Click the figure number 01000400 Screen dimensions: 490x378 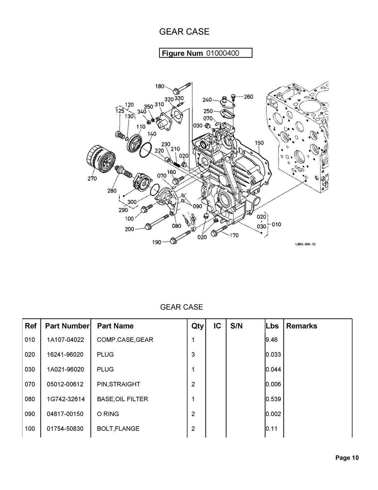222,53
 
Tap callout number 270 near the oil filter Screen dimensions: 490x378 92,179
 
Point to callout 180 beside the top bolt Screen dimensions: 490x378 160,87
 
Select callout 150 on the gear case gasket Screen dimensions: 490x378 259,143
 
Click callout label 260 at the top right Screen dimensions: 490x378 248,97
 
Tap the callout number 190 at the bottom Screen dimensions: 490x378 157,242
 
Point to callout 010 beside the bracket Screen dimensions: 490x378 276,224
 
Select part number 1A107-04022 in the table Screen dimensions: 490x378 65,340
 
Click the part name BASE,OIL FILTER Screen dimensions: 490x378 122,399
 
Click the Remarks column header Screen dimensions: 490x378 302,326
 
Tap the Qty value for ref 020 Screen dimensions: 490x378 193,355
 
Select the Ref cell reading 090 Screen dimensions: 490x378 30,414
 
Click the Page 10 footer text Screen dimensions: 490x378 347,458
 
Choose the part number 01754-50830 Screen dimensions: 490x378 65,429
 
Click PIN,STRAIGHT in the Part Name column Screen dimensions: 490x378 118,384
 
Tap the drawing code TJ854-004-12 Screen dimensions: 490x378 305,244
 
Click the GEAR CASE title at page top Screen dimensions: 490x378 184,32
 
